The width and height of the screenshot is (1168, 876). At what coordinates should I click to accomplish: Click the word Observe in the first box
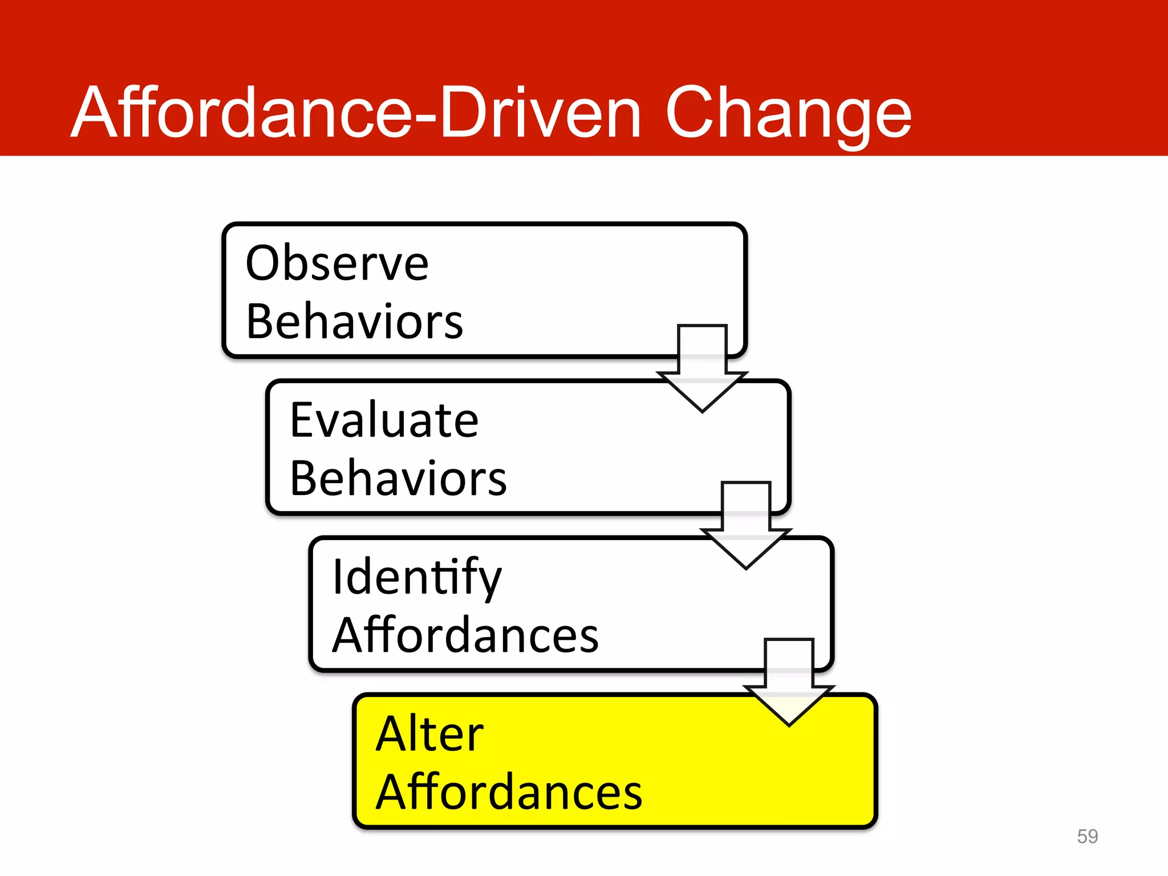(x=336, y=263)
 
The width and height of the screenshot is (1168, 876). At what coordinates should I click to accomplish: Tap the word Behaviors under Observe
(x=354, y=322)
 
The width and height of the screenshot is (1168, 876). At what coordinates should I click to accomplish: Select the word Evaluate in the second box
(x=384, y=420)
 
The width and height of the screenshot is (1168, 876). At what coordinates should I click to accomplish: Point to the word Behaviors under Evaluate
(x=398, y=478)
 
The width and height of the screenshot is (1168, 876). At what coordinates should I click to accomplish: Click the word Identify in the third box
(x=417, y=577)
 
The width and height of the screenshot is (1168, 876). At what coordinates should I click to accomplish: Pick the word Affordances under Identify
(x=465, y=635)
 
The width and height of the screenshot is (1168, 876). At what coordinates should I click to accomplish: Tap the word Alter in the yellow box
(x=429, y=734)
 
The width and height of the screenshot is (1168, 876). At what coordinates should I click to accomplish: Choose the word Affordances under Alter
(x=509, y=792)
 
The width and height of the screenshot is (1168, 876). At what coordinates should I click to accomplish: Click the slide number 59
(x=1087, y=836)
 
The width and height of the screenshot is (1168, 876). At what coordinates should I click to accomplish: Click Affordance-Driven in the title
(x=356, y=112)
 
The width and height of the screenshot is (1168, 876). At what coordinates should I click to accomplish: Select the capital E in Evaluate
(x=302, y=420)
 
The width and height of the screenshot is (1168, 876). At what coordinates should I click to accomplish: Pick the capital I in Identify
(x=338, y=577)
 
